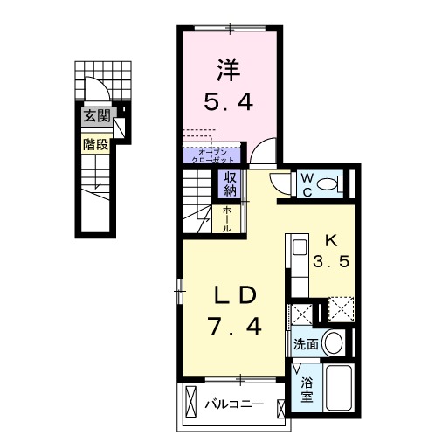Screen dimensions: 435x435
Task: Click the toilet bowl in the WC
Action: [x=330, y=183]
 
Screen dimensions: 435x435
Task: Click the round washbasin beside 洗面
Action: [x=333, y=342]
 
